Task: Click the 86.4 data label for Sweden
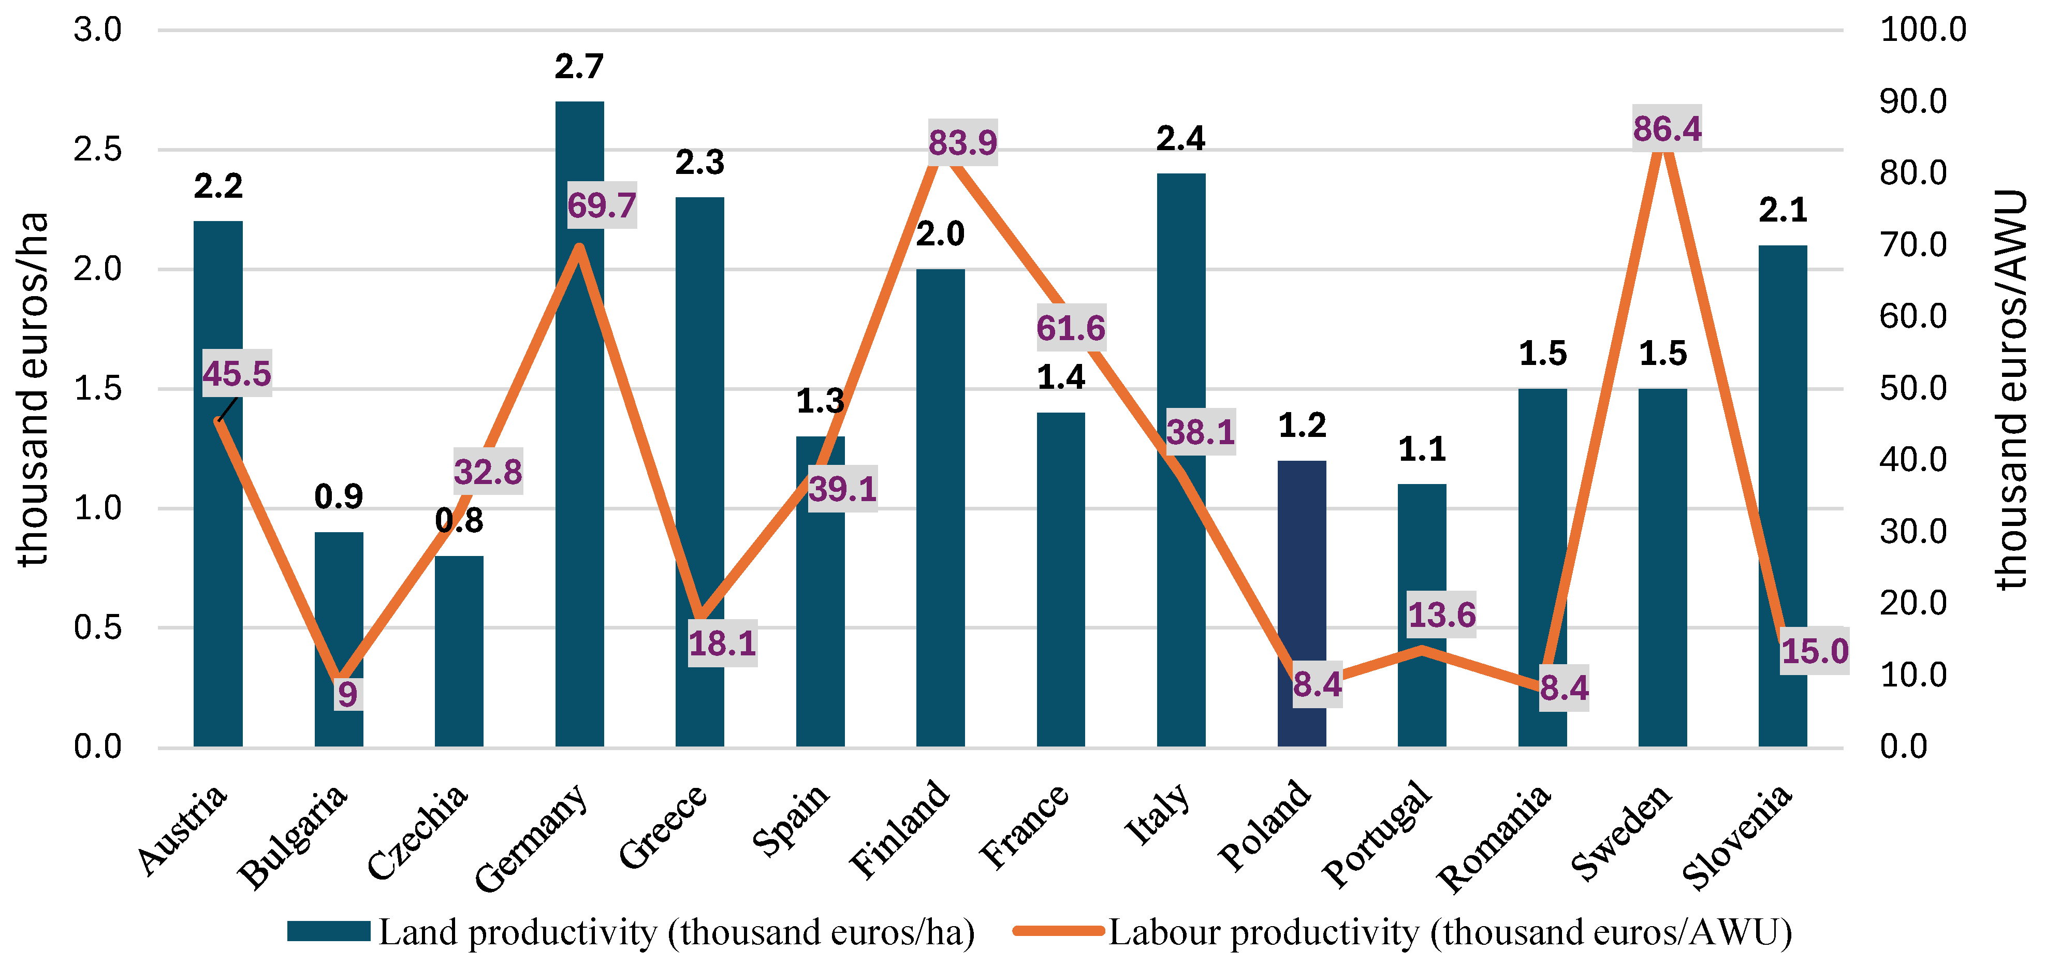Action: click(1667, 128)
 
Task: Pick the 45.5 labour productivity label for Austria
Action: click(237, 373)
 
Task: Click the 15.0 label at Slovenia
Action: click(1815, 651)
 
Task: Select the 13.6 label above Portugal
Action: click(1442, 614)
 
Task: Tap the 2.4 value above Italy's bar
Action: click(1180, 139)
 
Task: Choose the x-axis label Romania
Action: click(1495, 838)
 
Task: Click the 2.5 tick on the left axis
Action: click(98, 149)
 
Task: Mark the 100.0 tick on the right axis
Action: click(1923, 30)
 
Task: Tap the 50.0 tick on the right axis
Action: click(1913, 388)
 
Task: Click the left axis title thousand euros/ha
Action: click(33, 389)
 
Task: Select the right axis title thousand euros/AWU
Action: click(2012, 389)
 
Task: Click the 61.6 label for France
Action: click(1070, 328)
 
